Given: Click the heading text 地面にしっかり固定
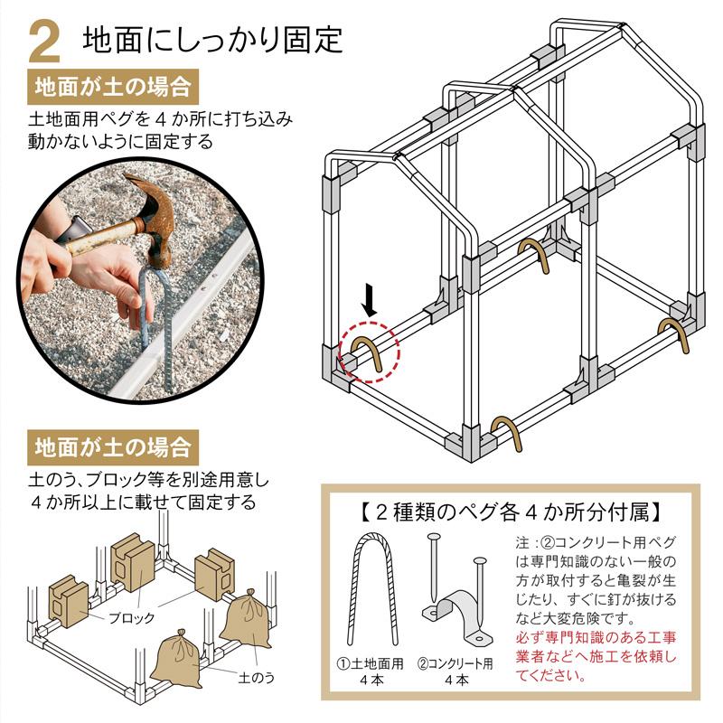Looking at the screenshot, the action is coord(213,40).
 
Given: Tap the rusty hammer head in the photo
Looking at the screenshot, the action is coord(153,217).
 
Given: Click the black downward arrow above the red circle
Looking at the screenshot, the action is coord(370,300).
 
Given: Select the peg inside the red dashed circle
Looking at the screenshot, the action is coord(368,352).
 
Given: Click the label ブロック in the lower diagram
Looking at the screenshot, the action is coord(131,618).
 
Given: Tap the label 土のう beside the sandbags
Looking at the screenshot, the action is coord(257,678).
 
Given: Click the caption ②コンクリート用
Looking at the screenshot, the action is coord(455,664).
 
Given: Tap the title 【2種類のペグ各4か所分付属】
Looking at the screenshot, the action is coord(511,512).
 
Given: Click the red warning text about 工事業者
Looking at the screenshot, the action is coord(596,657).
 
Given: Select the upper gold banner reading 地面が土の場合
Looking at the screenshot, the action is coord(113,87).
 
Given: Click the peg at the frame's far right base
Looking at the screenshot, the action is coord(674,333).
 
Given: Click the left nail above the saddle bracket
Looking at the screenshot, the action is coord(434,568).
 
